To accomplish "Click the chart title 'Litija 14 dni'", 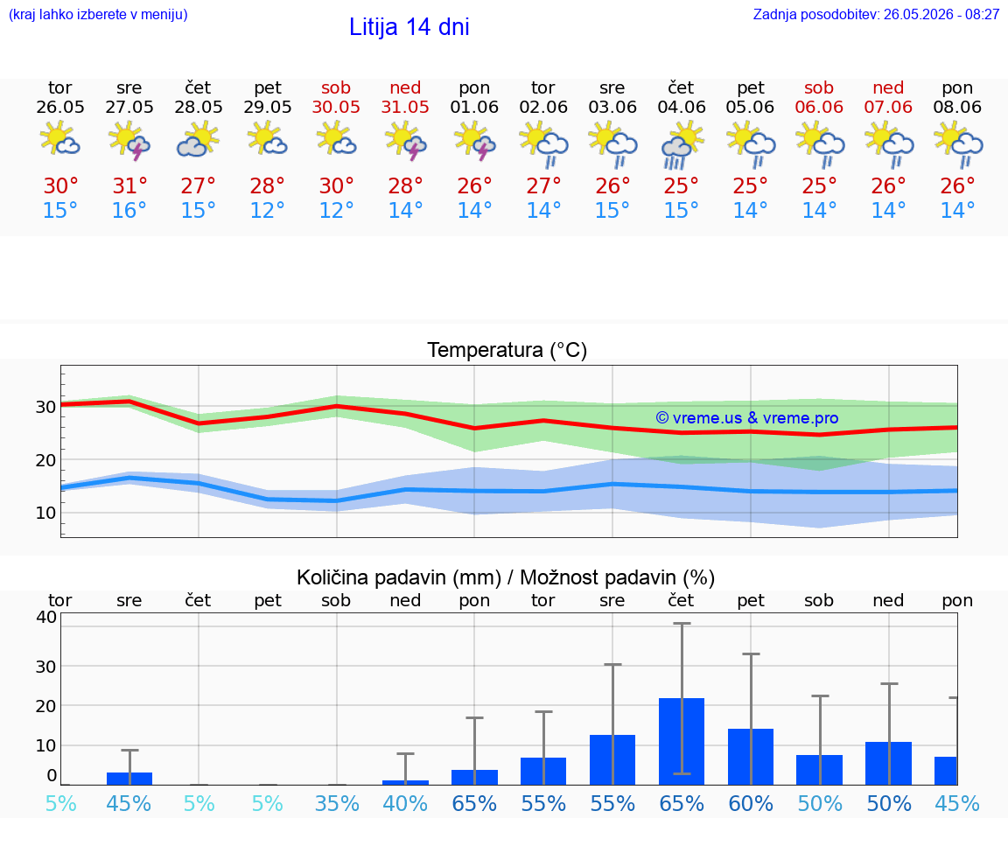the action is click(x=409, y=27).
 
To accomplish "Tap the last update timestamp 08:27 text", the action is click(x=983, y=15).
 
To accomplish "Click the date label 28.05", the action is click(x=199, y=107).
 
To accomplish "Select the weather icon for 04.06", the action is click(x=682, y=147).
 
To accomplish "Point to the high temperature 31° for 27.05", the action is click(x=129, y=185).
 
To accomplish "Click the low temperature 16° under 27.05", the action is click(x=129, y=210).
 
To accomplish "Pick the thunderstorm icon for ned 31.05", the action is click(x=406, y=143).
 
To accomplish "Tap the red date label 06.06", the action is click(x=819, y=107).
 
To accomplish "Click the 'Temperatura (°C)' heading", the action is click(x=507, y=350).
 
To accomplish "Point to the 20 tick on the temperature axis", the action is click(x=45, y=460).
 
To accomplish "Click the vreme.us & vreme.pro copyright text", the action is click(x=747, y=418).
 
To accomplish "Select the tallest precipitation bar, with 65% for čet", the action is click(x=682, y=741).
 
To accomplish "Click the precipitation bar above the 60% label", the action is click(x=751, y=757).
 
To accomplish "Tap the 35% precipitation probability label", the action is click(x=337, y=803).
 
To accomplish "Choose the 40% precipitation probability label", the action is click(x=406, y=803).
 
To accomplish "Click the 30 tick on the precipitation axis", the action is click(x=45, y=667).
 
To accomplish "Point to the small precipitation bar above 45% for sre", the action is click(x=129, y=779).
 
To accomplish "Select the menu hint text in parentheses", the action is click(x=98, y=14).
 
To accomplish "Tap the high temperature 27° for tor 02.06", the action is click(x=544, y=185).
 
